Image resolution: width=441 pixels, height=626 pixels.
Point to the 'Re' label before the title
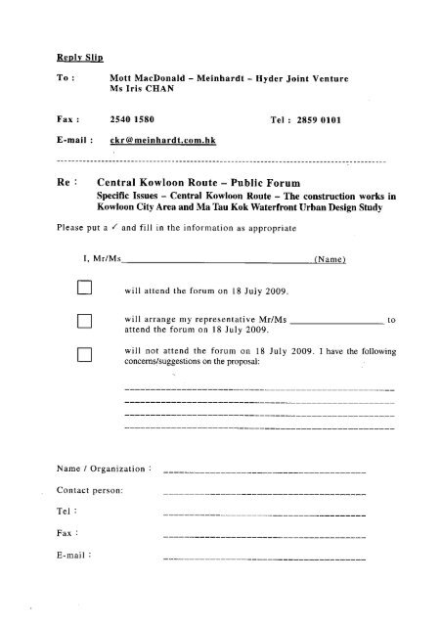[x=66, y=183]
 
